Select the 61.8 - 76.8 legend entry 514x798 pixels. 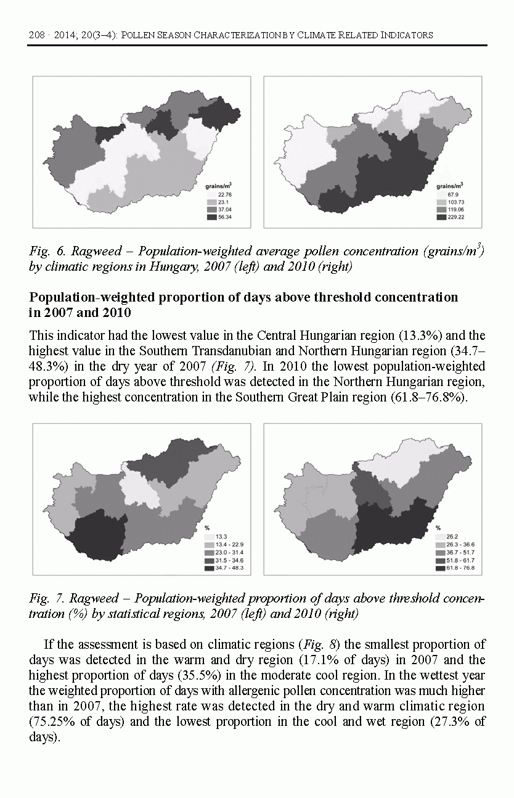(x=459, y=567)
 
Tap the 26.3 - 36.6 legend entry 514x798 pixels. (x=459, y=545)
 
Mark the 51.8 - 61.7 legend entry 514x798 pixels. (x=459, y=560)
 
